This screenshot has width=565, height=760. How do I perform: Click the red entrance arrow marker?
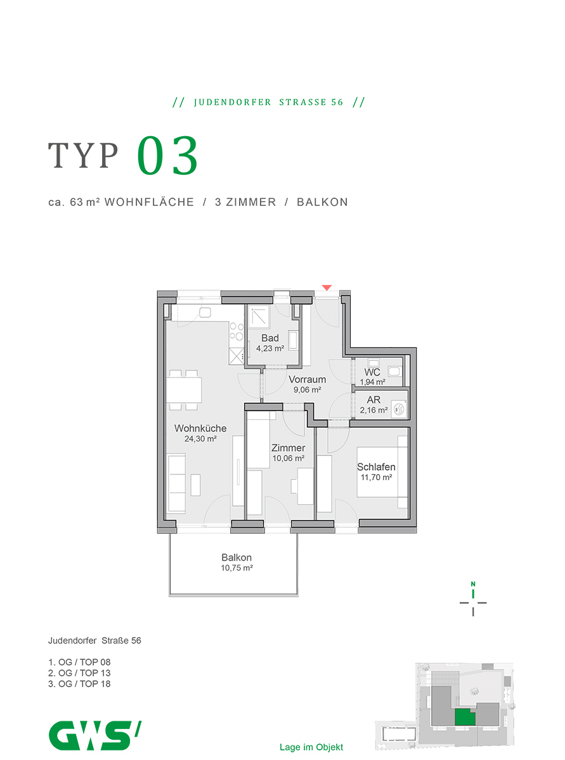coord(326,287)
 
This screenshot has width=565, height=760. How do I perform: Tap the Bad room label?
coord(270,338)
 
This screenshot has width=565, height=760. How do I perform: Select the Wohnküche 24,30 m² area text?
coord(200,439)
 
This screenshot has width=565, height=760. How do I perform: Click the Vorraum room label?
coord(307,379)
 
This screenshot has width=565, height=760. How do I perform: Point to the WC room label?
coord(372,372)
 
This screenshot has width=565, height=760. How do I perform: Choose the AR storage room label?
coord(373,400)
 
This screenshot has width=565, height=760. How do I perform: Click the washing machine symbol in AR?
coord(399,408)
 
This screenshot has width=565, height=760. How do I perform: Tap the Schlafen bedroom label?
coord(376,467)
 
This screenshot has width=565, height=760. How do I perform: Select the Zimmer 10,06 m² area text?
coord(289,458)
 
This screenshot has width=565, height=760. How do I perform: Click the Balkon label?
coord(237,557)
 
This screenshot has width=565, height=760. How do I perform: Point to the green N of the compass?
coord(472,584)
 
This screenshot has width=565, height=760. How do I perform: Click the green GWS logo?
coord(94,735)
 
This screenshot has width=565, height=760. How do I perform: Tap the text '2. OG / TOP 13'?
coord(79,673)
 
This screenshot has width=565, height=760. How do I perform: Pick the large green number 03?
coord(167,156)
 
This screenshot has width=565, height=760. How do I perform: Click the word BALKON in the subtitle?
coord(322,202)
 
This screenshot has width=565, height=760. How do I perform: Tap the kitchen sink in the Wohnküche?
coord(205,312)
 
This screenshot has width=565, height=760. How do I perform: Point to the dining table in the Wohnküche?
coord(184,390)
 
